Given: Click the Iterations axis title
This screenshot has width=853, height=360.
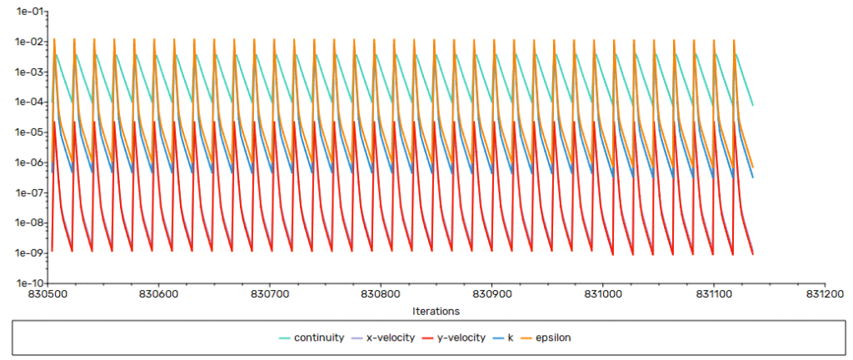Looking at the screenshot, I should pyautogui.click(x=436, y=310).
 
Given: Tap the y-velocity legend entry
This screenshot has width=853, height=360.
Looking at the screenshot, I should pyautogui.click(x=463, y=337).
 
